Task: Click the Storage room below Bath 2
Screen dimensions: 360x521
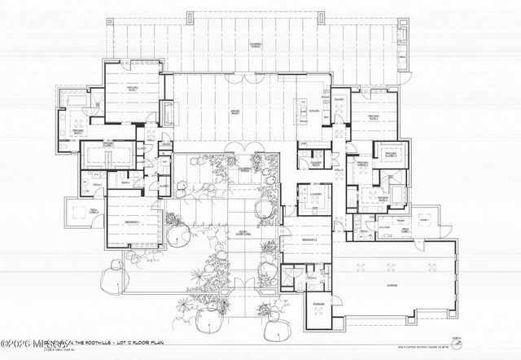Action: (x=317, y=306)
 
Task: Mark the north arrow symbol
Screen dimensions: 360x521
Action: (x=488, y=336)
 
